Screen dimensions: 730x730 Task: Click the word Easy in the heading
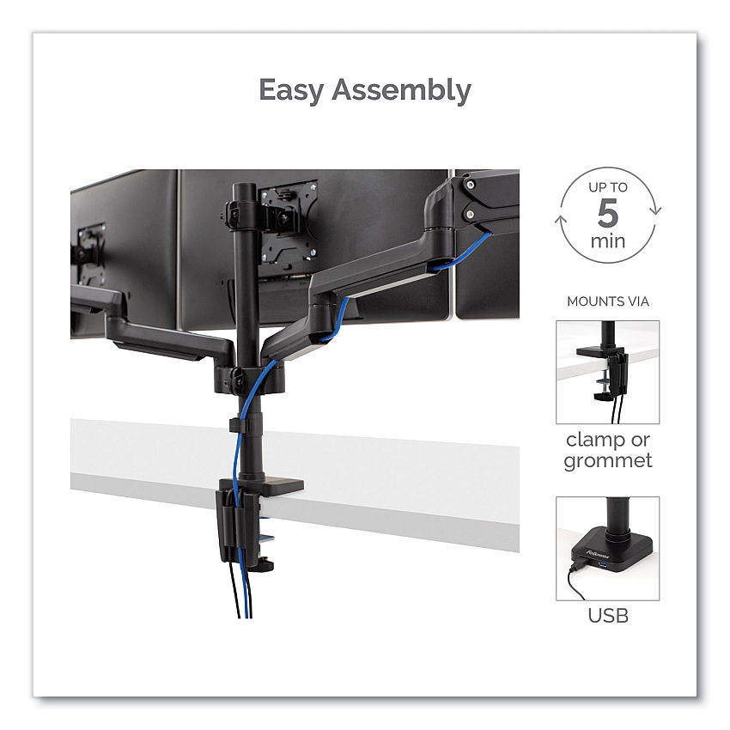coord(291,90)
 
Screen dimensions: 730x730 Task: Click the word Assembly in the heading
coord(401,90)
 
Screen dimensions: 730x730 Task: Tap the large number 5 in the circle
coord(607,213)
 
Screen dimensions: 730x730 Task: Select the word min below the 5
coord(607,240)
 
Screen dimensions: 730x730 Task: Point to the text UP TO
coord(607,187)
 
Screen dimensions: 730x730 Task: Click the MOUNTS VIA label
coord(607,301)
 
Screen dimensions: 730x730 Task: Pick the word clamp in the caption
coord(588,440)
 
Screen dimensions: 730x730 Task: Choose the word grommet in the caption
coord(607,461)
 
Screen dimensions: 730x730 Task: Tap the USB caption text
coord(607,616)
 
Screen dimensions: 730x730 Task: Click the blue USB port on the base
coord(604,565)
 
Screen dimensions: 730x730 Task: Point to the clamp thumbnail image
coord(607,372)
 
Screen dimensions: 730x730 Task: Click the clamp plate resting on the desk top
coord(270,485)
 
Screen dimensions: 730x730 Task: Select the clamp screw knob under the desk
coord(262,566)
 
